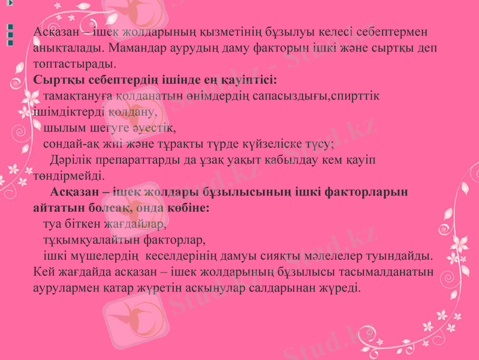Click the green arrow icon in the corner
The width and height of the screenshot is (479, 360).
pos(3,4)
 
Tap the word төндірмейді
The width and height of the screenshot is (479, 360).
pos(69,176)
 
